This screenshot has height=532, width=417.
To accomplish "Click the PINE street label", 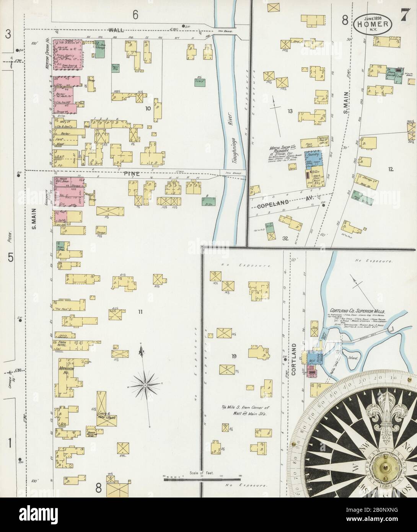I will point(132,173).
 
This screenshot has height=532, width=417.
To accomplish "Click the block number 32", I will point(285,238).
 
